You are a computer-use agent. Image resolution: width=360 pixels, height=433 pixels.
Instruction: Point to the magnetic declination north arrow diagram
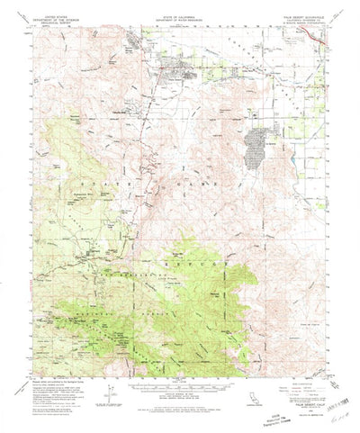(x=107, y=392)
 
